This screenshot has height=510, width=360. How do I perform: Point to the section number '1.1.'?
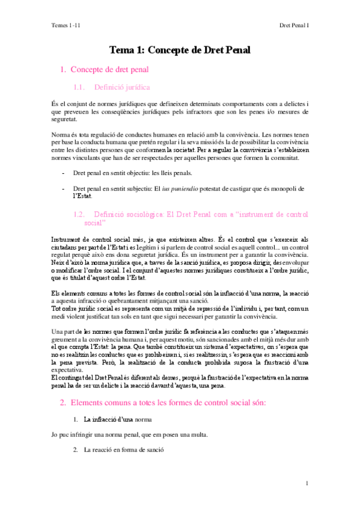coord(81,87)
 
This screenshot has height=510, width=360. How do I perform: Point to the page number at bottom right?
coord(307,483)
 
